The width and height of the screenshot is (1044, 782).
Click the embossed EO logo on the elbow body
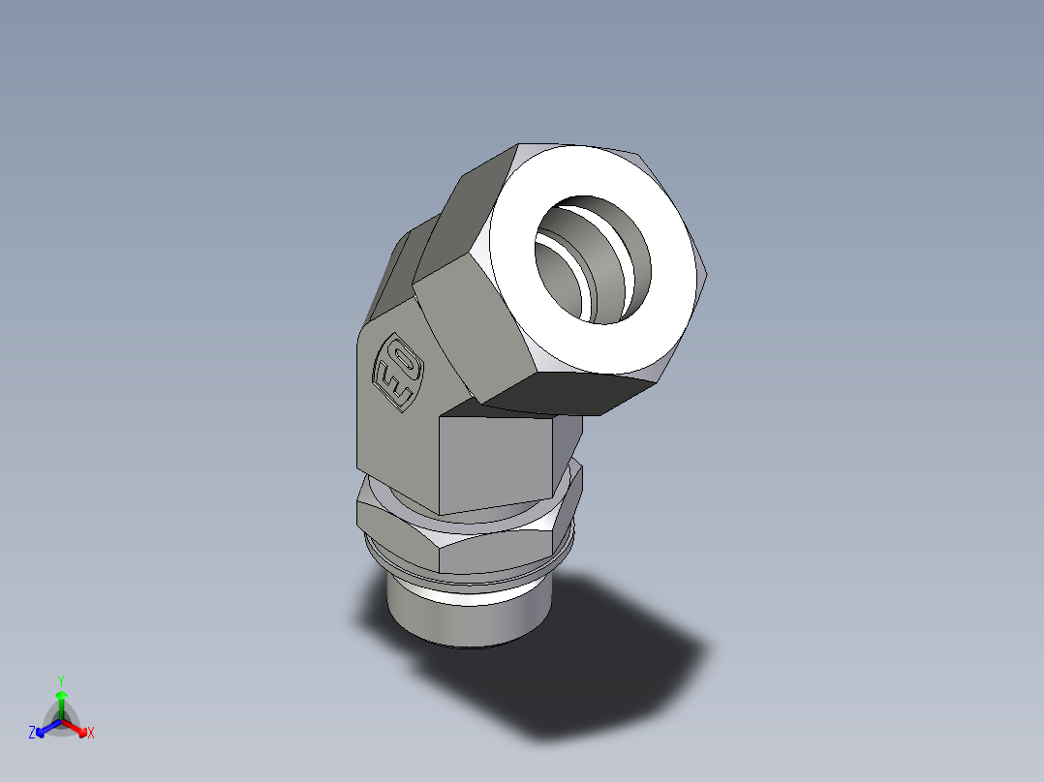coord(397,372)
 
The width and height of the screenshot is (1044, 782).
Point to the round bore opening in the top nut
coord(593,259)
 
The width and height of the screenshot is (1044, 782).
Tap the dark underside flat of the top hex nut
coord(571,391)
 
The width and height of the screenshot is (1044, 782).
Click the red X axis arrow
coord(77,727)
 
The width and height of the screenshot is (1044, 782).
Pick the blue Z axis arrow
coord(45,728)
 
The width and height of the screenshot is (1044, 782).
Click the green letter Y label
coord(60,679)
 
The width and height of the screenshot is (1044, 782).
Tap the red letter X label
coord(91,734)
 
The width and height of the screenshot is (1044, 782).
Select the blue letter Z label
coord(32,734)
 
